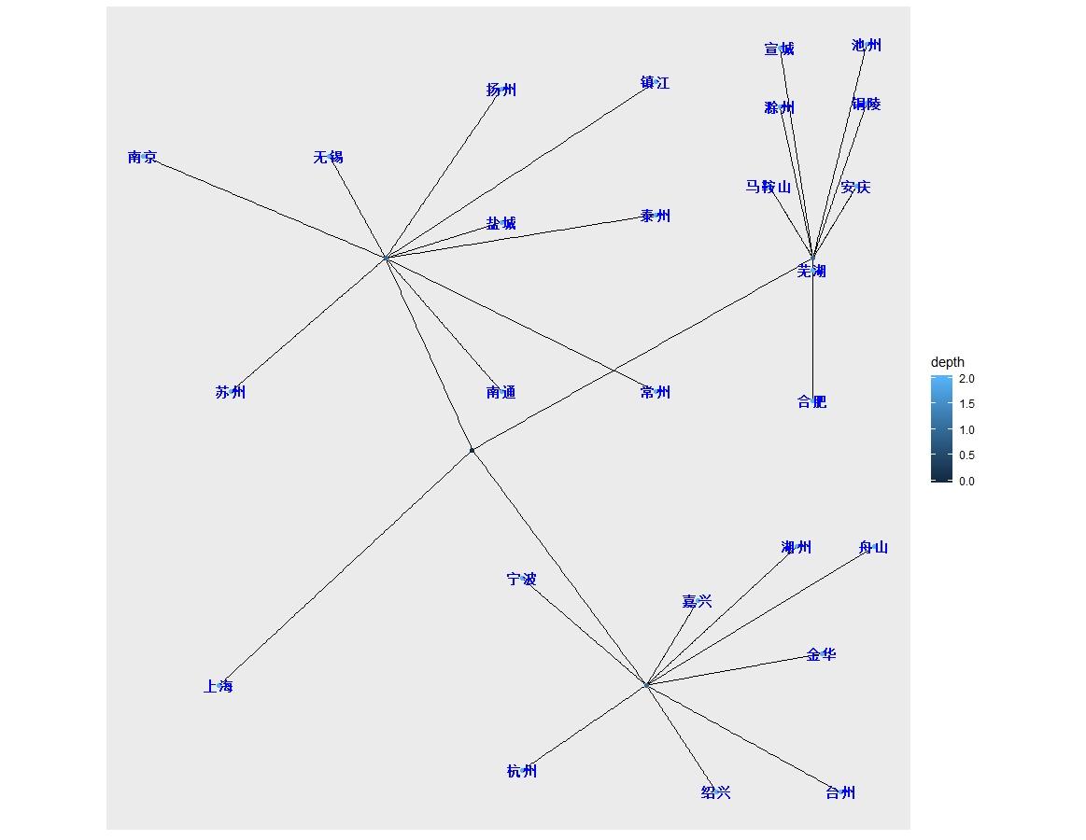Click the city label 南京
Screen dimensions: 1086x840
coord(142,158)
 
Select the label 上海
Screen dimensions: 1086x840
coord(218,687)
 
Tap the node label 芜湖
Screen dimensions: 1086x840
coord(811,272)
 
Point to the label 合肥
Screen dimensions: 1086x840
coord(811,402)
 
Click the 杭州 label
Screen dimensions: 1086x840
coord(522,772)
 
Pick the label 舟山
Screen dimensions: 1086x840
coord(873,548)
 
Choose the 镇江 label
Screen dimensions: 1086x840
coord(655,83)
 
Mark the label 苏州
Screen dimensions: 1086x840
coord(230,393)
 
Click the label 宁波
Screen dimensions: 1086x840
coord(522,580)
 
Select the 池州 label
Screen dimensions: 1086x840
coord(867,46)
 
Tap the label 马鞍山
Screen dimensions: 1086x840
coord(768,188)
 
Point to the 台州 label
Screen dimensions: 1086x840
coord(840,793)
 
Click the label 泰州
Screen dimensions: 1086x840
coord(656,217)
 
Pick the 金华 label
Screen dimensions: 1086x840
coord(821,655)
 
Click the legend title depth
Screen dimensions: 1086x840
coord(948,362)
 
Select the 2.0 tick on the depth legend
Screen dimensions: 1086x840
coord(966,379)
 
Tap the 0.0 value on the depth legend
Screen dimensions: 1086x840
coord(966,482)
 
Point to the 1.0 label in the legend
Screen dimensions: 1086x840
coord(966,430)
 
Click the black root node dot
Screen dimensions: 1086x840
coord(472,451)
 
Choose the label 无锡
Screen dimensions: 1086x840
coord(328,158)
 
